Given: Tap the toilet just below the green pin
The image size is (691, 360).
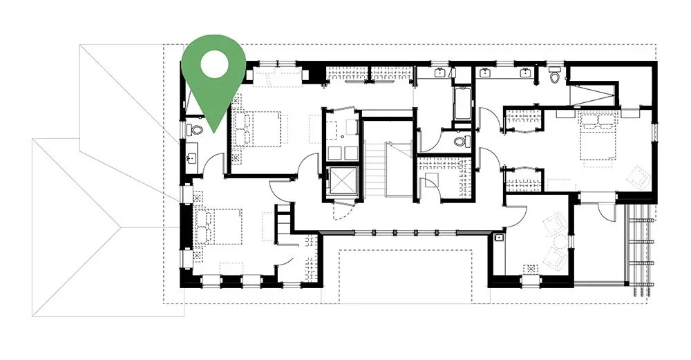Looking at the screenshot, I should (x=193, y=129).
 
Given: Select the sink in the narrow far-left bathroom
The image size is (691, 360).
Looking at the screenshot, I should (x=191, y=160).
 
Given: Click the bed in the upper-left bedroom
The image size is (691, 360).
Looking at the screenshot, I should (x=259, y=129).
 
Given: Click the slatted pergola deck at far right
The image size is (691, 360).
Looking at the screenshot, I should (x=639, y=249).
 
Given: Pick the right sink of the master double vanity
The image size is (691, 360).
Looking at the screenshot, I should (x=527, y=72).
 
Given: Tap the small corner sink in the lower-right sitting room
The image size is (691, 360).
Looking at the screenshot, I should (x=499, y=237).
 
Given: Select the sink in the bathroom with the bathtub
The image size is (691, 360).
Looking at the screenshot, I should (x=439, y=72).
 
